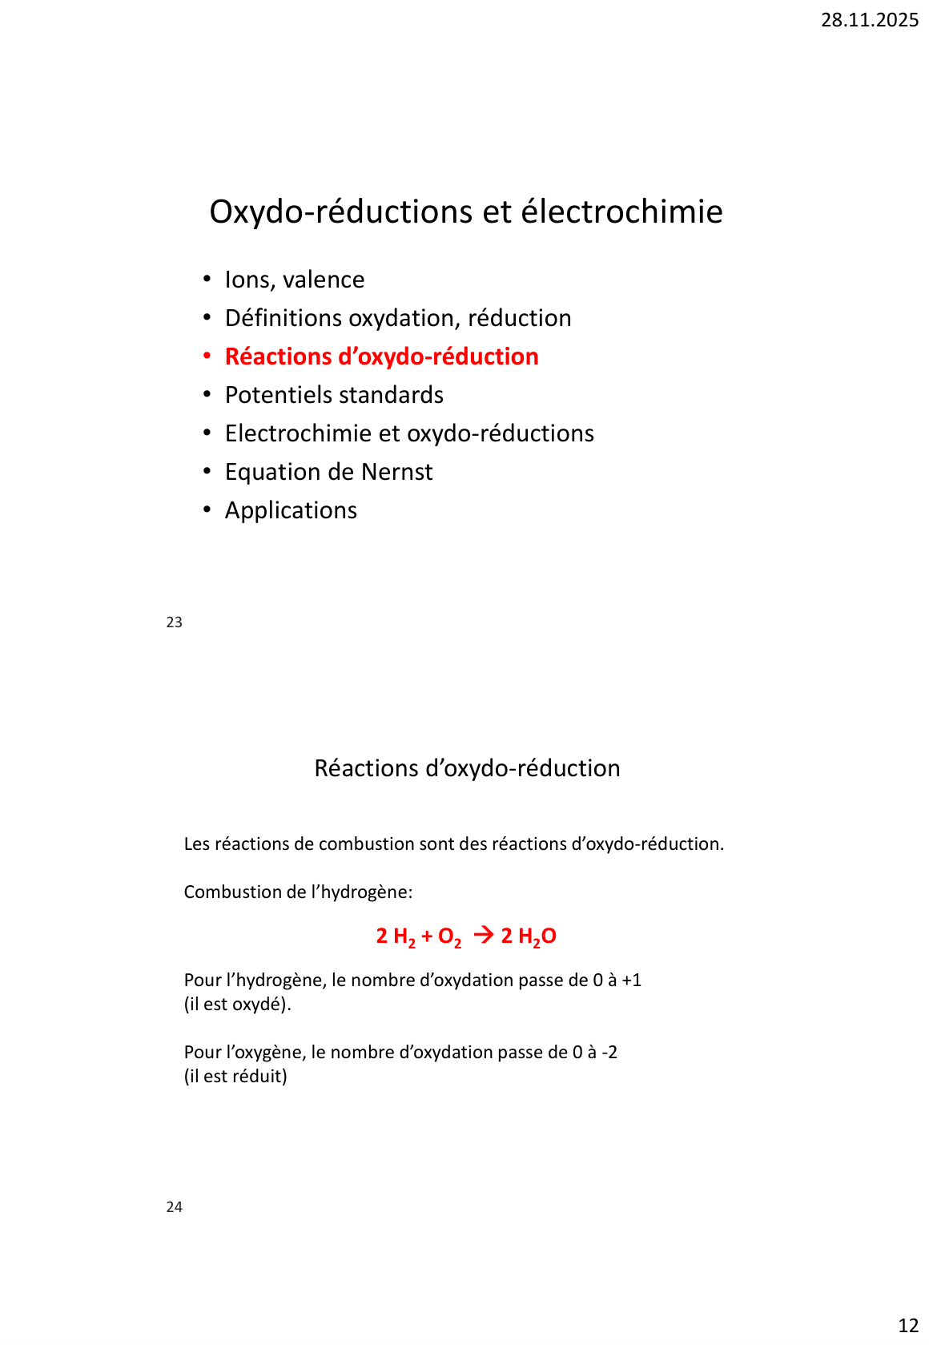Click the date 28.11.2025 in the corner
click(869, 20)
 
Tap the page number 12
click(908, 1326)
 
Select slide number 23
click(174, 622)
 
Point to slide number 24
click(174, 1207)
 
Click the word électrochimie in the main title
click(621, 212)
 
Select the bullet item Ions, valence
click(294, 280)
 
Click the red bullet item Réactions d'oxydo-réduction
click(381, 356)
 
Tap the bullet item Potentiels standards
click(334, 395)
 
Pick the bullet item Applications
click(291, 510)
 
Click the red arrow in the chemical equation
click(483, 935)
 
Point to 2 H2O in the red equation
click(529, 936)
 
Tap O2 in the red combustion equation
click(449, 936)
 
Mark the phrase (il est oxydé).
click(237, 1005)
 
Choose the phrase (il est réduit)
click(235, 1077)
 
